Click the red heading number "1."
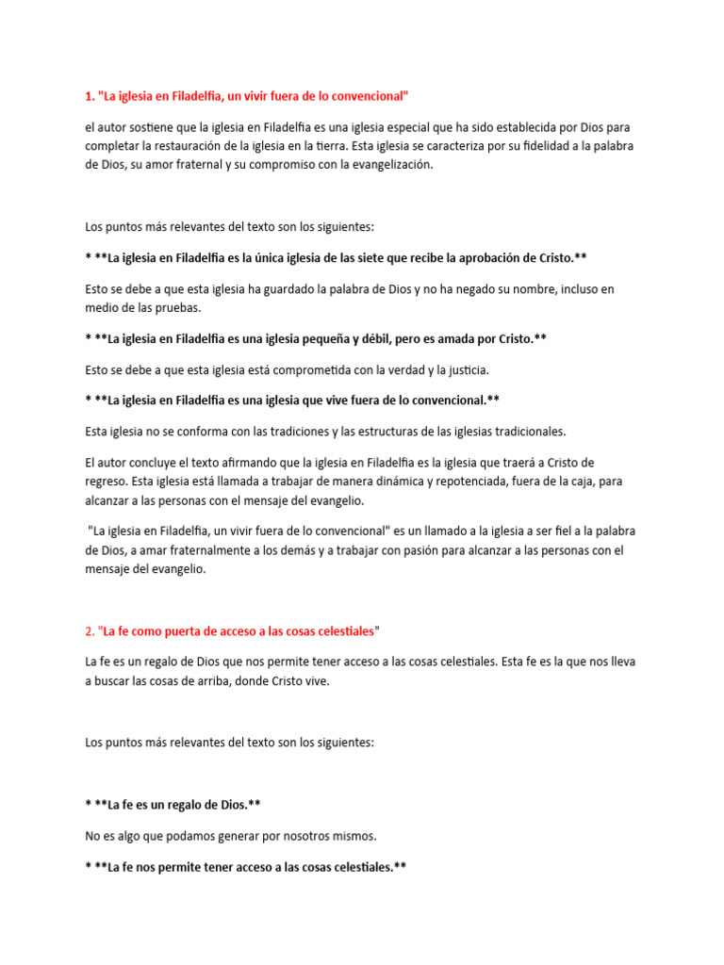pos(90,96)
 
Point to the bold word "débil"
pos(432,338)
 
